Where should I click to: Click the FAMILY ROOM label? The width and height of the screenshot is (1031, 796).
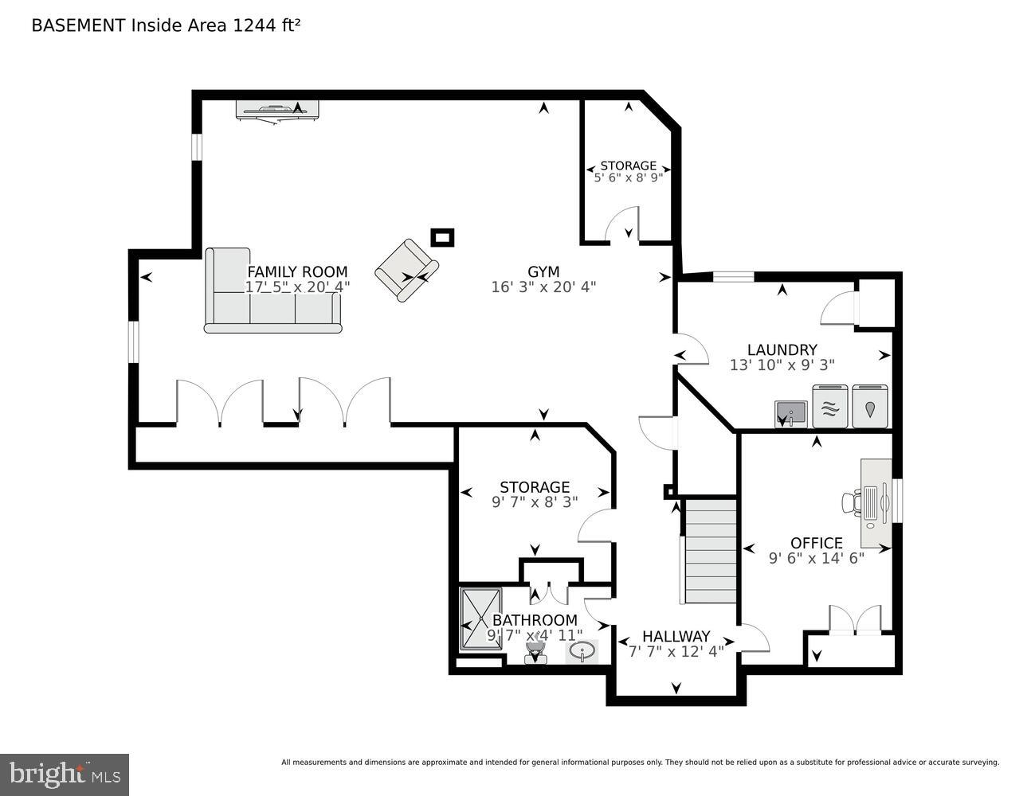click(x=297, y=271)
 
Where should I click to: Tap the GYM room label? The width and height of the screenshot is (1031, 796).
click(x=543, y=271)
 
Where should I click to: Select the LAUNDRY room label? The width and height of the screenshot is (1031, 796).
click(x=782, y=349)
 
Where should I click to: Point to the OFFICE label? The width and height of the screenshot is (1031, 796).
click(x=816, y=543)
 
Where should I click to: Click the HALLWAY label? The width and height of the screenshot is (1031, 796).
click(x=676, y=636)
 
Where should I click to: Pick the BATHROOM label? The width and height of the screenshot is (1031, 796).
click(x=534, y=620)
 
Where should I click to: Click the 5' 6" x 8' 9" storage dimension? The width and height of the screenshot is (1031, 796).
click(x=628, y=178)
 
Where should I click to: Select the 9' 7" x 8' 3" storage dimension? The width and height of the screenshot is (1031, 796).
click(x=534, y=501)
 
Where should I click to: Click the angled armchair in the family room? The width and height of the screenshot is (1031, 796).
click(x=406, y=271)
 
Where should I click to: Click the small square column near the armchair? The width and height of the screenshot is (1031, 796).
click(x=442, y=237)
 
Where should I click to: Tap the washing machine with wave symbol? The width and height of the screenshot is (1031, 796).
click(x=829, y=408)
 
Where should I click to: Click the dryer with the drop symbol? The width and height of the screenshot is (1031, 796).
click(x=869, y=408)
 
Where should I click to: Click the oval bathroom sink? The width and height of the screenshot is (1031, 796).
click(x=582, y=652)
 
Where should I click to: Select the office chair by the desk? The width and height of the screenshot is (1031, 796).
click(x=851, y=501)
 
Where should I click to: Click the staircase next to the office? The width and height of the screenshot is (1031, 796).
click(x=710, y=551)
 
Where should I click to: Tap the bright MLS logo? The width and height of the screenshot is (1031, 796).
click(x=65, y=774)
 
